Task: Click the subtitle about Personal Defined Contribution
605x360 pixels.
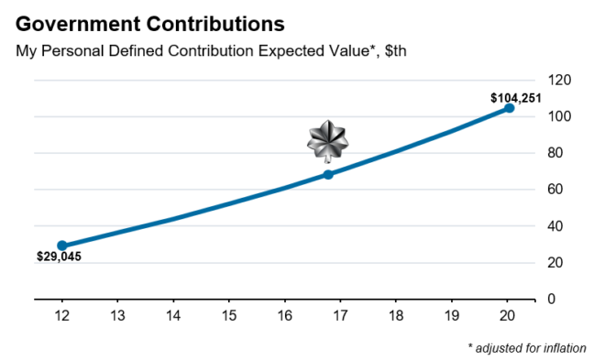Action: [211, 50]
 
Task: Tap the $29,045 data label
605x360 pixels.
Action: [59, 257]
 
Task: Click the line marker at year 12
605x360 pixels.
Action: [62, 245]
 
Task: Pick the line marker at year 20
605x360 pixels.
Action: [510, 108]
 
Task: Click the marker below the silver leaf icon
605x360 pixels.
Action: [328, 174]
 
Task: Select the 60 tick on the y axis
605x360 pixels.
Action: [555, 190]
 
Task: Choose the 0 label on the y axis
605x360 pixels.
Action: [552, 300]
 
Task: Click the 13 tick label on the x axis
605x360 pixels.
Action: [117, 316]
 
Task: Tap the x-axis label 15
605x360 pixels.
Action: [229, 316]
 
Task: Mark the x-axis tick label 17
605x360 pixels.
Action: [341, 316]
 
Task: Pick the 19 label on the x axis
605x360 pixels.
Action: [453, 316]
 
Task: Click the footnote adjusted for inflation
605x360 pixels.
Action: [526, 348]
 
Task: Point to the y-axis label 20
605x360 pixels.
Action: [555, 263]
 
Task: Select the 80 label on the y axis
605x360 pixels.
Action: [555, 153]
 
